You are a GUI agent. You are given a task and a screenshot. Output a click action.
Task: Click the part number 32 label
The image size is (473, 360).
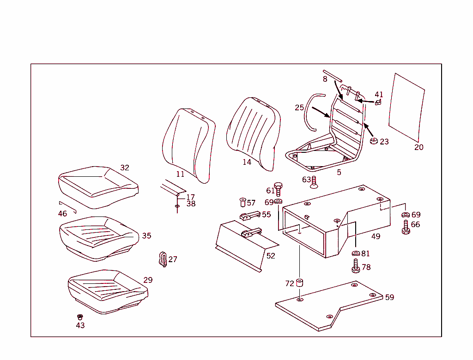tap(125, 168)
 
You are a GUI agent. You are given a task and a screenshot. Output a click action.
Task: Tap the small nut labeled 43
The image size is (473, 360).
tap(80, 317)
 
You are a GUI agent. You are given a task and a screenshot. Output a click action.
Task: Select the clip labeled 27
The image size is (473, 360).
tap(163, 259)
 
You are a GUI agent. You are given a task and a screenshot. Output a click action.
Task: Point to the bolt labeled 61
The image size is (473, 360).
tap(278, 188)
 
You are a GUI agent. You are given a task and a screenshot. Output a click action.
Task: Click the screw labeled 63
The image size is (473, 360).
tap(314, 182)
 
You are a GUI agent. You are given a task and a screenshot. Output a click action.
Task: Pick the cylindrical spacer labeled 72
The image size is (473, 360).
tap(300, 282)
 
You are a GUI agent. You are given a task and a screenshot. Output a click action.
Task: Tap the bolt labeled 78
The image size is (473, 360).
tap(356, 266)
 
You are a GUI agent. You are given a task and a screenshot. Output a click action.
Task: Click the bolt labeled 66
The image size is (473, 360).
tap(406, 227)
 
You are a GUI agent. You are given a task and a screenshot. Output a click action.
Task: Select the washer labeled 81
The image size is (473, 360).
tap(356, 253)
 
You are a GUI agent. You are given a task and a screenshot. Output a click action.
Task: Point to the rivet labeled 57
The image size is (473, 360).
tap(243, 202)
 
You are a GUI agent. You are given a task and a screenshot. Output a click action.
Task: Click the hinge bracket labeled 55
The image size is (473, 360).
tap(249, 216)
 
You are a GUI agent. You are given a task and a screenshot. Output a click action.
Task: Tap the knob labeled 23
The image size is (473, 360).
tap(373, 140)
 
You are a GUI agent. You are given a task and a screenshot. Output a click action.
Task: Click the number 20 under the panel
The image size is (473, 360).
tap(418, 148)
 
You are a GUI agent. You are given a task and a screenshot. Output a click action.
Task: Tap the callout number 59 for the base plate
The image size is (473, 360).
tap(389, 298)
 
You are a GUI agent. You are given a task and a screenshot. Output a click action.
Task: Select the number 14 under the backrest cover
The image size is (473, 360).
tap(247, 162)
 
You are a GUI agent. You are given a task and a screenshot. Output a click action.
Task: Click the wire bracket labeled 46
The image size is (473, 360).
tap(67, 205)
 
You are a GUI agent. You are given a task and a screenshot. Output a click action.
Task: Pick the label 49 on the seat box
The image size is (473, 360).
tap(376, 237)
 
